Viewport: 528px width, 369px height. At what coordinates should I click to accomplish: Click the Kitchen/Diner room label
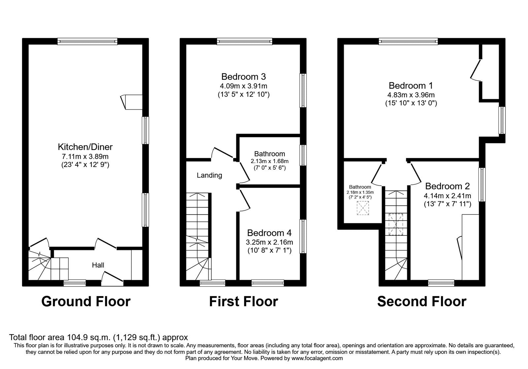[85, 147]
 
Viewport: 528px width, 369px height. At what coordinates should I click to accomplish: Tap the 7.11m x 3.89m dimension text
[85, 156]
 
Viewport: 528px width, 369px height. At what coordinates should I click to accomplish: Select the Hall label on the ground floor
[98, 265]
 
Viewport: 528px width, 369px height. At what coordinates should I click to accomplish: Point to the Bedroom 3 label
[244, 77]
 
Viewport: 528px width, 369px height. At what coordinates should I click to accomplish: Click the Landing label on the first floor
[209, 175]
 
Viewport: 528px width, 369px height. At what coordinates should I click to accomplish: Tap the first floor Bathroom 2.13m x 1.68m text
[269, 161]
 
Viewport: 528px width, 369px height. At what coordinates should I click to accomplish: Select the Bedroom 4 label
[269, 233]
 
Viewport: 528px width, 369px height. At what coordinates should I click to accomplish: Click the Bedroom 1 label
[411, 86]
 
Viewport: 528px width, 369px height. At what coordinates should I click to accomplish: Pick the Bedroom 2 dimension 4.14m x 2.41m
[447, 196]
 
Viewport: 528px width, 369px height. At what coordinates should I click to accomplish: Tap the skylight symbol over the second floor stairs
[396, 224]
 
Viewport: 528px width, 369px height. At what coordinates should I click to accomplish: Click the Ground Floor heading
[86, 301]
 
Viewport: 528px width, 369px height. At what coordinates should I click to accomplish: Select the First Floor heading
[244, 301]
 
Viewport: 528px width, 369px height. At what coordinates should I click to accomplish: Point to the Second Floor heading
[422, 301]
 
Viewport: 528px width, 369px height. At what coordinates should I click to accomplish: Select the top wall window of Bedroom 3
[245, 41]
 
